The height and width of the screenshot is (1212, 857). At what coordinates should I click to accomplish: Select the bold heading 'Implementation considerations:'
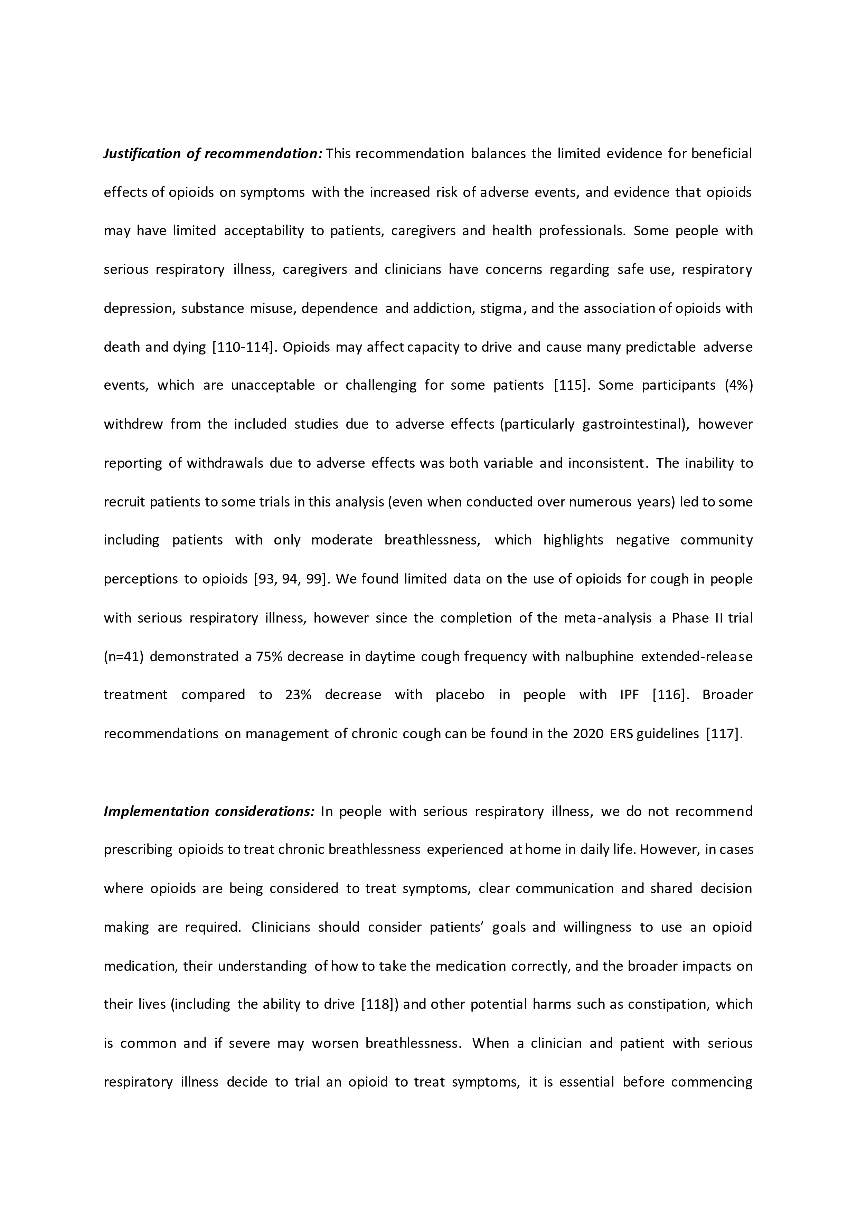click(209, 811)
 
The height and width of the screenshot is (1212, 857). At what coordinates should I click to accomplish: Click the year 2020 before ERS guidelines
click(588, 734)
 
